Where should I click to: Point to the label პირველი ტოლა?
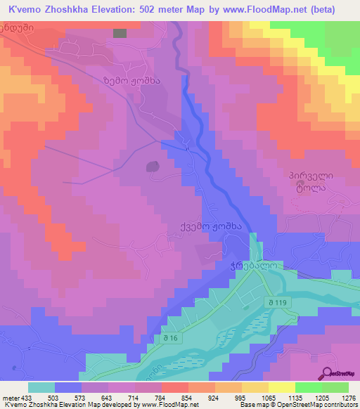coord(311,181)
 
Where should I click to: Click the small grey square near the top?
coord(120,33)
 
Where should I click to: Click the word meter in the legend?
coord(9,397)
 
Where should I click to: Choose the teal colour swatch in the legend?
coord(41,387)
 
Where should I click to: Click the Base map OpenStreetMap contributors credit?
coord(298,405)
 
